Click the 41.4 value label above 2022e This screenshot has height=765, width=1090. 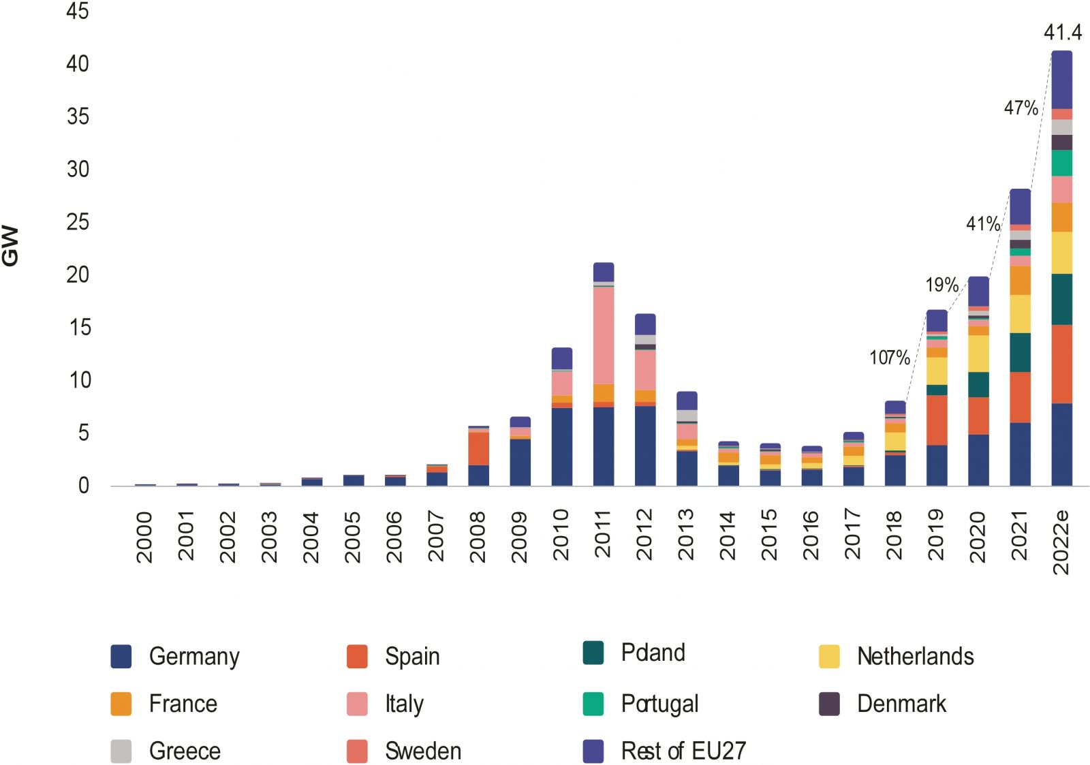click(1062, 32)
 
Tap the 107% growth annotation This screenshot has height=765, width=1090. click(889, 357)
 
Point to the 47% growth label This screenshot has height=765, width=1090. click(1021, 108)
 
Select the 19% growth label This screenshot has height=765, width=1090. click(941, 285)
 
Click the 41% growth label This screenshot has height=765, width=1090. click(982, 223)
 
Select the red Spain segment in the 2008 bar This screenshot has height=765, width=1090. click(478, 448)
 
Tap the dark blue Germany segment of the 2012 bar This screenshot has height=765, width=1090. click(645, 446)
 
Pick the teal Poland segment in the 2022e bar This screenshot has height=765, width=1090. click(1061, 299)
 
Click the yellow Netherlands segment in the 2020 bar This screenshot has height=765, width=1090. click(978, 353)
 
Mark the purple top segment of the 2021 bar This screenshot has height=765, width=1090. click(1020, 206)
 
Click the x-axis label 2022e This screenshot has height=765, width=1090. click(1061, 542)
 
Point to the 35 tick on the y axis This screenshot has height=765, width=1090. click(78, 116)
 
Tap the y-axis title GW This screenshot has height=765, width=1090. click(11, 246)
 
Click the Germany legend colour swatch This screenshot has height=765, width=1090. click(121, 656)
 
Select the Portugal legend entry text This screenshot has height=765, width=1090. click(659, 704)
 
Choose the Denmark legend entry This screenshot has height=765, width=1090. click(901, 704)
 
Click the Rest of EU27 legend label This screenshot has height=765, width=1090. click(683, 751)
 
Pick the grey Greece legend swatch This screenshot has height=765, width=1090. click(121, 751)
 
